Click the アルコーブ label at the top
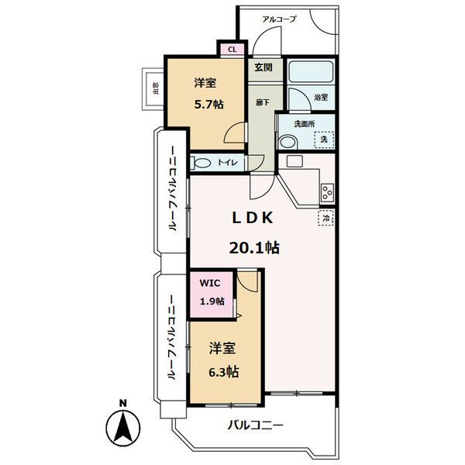click(279, 19)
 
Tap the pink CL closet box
click(232, 50)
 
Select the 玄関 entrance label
click(263, 67)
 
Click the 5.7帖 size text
click(208, 105)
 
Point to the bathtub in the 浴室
click(311, 71)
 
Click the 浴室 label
click(321, 98)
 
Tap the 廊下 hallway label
click(263, 102)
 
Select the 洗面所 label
click(305, 124)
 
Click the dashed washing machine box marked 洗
click(324, 139)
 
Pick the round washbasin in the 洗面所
click(288, 142)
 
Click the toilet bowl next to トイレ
click(201, 163)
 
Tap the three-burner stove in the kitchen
click(327, 192)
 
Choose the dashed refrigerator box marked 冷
click(326, 218)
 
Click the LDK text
click(253, 218)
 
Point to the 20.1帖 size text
click(254, 247)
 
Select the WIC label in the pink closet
click(210, 283)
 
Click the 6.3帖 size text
click(224, 372)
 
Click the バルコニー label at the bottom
click(255, 425)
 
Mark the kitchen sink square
click(294, 161)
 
